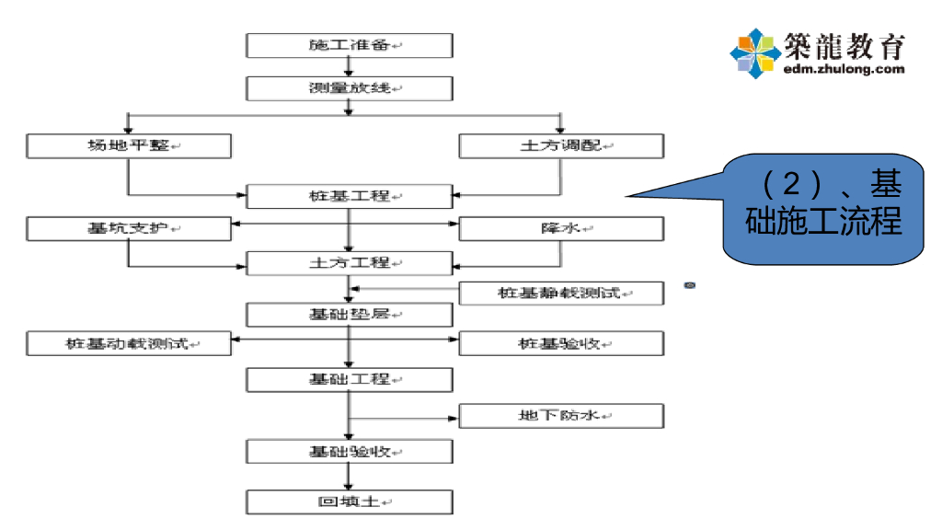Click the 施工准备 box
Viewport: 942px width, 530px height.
(x=350, y=45)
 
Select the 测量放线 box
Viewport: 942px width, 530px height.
(x=350, y=88)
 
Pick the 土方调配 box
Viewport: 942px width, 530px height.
(x=560, y=145)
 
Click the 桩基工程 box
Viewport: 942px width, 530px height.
(x=350, y=196)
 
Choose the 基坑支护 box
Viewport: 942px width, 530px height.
(x=128, y=228)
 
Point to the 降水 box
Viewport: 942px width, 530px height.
(x=560, y=228)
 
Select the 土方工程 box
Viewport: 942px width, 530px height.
(x=350, y=263)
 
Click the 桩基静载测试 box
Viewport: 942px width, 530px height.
(x=560, y=294)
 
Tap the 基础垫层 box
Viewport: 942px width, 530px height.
(x=350, y=315)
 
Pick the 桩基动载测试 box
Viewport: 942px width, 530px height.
(x=128, y=343)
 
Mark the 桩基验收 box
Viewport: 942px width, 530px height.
(x=560, y=343)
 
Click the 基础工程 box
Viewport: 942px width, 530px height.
(x=350, y=379)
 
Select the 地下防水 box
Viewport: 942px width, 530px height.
(x=560, y=416)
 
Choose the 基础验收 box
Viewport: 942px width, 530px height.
(x=350, y=452)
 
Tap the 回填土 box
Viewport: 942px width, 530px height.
(x=350, y=501)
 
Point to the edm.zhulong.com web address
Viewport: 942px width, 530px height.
(x=844, y=69)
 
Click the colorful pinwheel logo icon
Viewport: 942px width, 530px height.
(x=755, y=52)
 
